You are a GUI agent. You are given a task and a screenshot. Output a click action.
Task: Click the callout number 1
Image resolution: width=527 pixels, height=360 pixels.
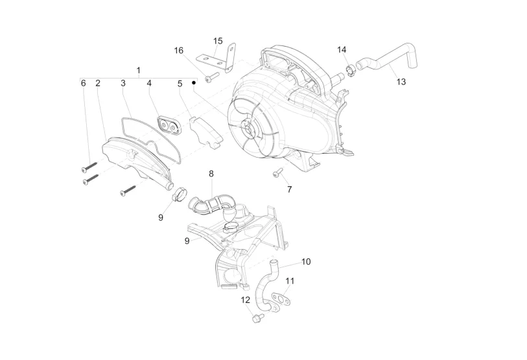(138, 69)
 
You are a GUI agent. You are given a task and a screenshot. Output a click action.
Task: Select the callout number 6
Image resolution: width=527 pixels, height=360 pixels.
(83, 84)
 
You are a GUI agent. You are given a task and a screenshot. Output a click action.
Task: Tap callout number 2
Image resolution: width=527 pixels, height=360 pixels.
(98, 84)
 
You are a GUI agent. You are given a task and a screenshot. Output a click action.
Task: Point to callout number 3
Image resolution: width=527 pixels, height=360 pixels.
(123, 84)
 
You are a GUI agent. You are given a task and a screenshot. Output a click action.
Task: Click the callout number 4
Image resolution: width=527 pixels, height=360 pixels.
(148, 84)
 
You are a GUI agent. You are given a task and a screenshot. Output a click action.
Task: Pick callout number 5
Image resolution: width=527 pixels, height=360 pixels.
(180, 84)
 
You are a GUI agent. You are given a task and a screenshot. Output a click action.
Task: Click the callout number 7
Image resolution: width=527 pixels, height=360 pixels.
(289, 189)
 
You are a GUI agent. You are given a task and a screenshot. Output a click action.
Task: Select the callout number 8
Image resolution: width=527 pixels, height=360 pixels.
(211, 174)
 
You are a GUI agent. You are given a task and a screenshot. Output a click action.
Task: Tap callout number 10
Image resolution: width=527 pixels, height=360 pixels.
(306, 261)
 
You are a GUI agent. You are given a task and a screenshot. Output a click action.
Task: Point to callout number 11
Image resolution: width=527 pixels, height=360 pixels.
(290, 281)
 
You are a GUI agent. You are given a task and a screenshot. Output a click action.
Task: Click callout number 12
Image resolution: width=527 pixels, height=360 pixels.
(245, 300)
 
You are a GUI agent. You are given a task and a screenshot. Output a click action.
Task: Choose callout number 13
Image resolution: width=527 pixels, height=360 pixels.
(401, 82)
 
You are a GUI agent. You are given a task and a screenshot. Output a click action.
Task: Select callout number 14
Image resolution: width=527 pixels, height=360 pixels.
(342, 50)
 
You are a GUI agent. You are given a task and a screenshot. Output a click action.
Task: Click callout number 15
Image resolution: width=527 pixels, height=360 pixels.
(218, 40)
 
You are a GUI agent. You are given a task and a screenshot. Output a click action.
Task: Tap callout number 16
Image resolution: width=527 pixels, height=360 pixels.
(178, 50)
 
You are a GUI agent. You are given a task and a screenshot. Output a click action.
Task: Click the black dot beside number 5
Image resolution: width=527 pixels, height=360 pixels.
(193, 83)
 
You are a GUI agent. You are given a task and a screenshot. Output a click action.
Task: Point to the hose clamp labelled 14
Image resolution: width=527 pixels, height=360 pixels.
(351, 67)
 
